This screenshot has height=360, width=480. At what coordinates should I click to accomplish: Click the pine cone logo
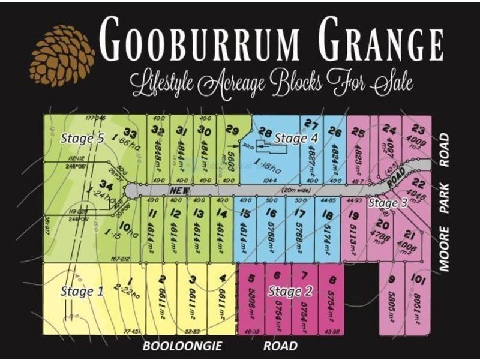62,55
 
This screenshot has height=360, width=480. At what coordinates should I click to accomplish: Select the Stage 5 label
82,138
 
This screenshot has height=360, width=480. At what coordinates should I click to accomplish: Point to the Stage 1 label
82,292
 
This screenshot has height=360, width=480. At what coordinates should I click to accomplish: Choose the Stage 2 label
290,292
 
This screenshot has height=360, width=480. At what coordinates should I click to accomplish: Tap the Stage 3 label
388,203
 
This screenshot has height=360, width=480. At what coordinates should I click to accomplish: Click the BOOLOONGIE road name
182,346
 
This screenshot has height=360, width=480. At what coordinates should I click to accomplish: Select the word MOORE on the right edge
444,252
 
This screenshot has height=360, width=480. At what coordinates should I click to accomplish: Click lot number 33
130,133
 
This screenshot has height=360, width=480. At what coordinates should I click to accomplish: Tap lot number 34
106,184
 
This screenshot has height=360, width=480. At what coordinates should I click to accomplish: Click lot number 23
418,130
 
